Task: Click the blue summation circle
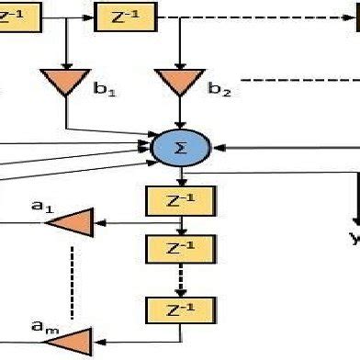180,145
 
